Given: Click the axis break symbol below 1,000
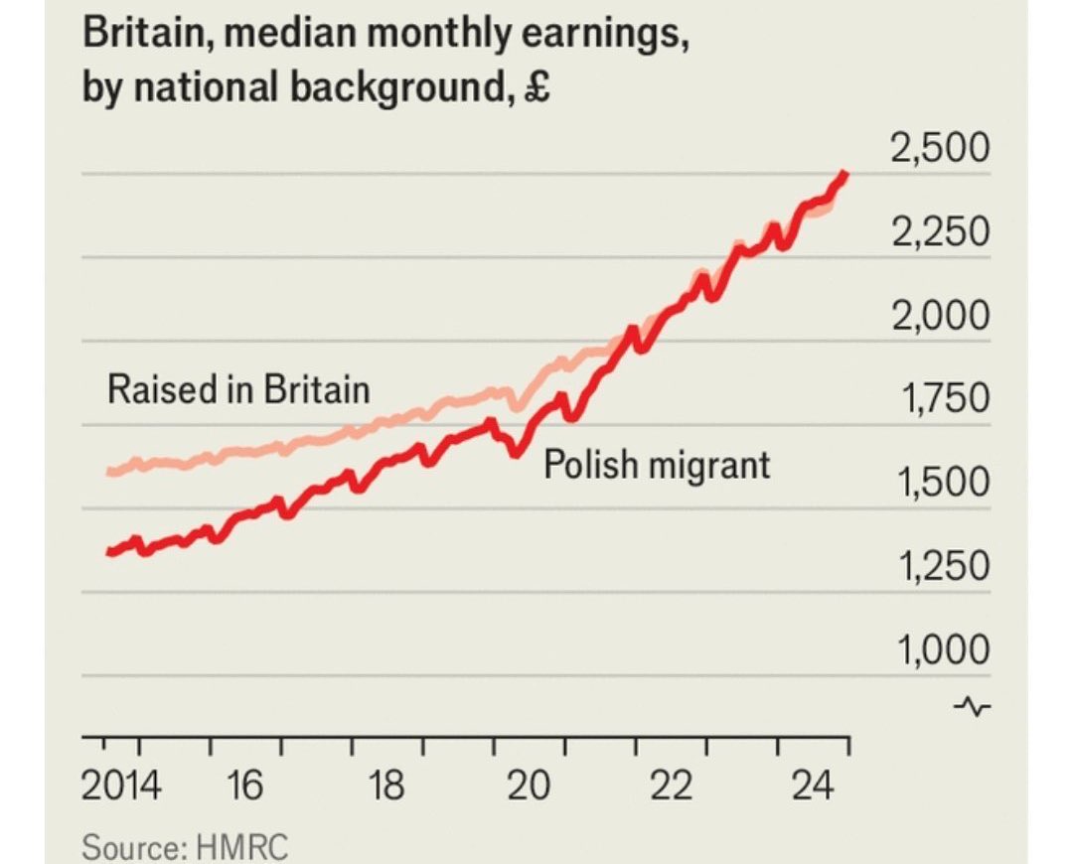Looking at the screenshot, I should [973, 706].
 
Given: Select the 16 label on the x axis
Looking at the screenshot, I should [244, 787].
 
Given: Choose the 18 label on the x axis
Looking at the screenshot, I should [387, 787].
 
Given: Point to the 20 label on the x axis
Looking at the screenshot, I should [530, 787].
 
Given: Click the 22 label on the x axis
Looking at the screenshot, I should [673, 787].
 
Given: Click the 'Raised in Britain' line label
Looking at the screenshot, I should [238, 388].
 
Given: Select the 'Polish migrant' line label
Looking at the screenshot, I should [657, 464].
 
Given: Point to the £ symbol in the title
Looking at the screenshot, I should [539, 88].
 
